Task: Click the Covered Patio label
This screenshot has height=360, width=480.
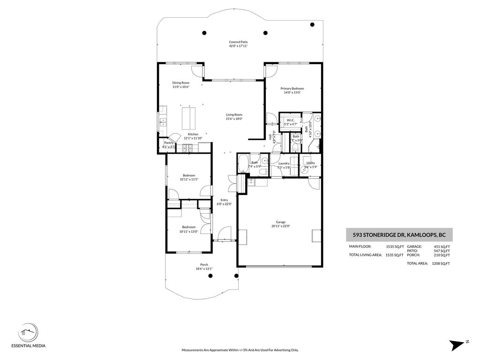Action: (238, 42)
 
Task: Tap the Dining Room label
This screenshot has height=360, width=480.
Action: (180, 83)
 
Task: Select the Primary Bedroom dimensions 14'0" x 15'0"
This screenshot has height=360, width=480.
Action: (292, 93)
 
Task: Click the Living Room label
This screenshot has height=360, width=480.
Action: (234, 114)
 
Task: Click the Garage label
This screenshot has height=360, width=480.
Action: (281, 222)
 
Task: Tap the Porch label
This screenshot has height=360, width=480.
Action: (204, 264)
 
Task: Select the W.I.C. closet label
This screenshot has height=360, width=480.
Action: (290, 120)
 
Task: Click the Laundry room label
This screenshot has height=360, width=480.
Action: (284, 163)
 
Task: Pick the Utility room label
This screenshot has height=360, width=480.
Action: (311, 163)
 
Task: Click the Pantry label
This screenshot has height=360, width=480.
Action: (168, 143)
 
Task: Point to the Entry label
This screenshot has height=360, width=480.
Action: (224, 200)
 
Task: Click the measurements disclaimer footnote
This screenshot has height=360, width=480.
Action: (240, 350)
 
